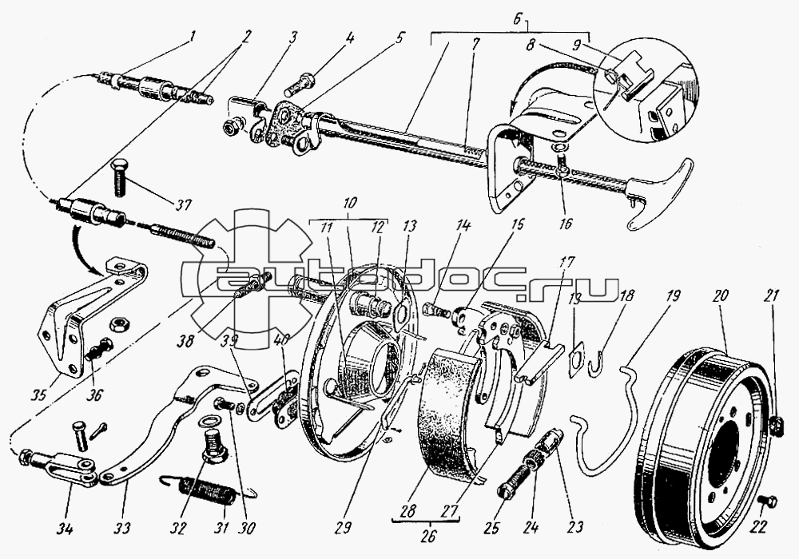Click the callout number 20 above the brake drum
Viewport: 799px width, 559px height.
tap(721, 296)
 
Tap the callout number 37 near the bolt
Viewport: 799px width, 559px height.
tap(184, 204)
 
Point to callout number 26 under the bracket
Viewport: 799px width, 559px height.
tap(429, 537)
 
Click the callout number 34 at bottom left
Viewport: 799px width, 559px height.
tap(65, 529)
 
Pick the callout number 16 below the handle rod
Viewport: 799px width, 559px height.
tap(566, 224)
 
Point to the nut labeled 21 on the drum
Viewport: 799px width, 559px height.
tap(774, 423)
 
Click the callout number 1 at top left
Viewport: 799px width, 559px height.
tap(192, 37)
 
